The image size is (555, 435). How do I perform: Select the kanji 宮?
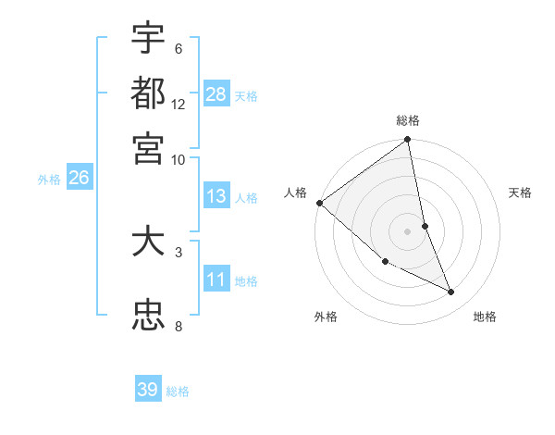148,147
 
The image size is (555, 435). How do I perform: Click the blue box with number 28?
216,93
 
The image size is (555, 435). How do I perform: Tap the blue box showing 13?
216,195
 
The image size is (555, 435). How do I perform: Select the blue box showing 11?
216,279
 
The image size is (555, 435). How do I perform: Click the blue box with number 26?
79,178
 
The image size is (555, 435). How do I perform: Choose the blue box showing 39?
148,390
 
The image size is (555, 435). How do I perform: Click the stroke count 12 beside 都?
179,104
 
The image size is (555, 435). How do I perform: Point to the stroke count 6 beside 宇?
178,48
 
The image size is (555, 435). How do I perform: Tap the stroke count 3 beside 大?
178,251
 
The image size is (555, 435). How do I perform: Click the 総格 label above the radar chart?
408,120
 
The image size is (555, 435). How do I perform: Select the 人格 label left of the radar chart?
296,192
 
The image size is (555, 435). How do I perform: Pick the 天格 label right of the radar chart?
521,192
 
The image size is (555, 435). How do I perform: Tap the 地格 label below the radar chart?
485,317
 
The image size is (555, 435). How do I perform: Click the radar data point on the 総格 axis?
408,141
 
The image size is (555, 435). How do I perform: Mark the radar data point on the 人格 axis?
319,203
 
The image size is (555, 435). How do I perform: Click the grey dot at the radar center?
408,230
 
